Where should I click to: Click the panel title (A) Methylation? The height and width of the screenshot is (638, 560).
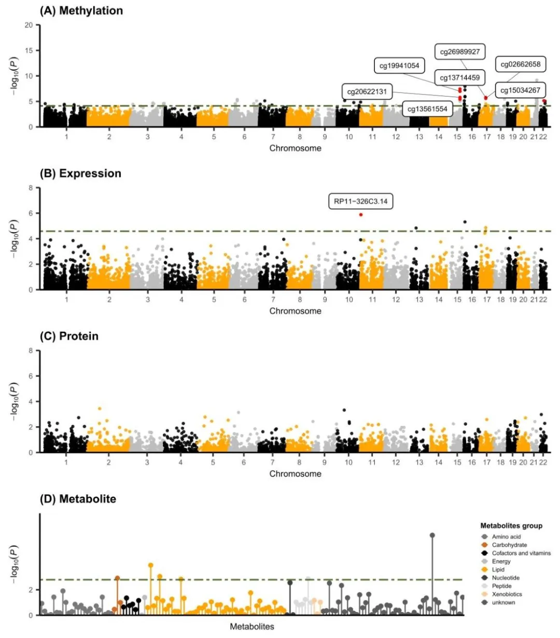point(81,11)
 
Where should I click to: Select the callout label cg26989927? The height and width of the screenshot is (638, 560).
point(460,52)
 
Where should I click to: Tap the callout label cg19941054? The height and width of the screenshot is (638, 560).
point(399,65)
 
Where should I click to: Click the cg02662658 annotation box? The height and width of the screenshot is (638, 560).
point(520,64)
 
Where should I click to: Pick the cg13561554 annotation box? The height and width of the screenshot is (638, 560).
point(427,109)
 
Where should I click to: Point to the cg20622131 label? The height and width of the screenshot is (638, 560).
point(367,92)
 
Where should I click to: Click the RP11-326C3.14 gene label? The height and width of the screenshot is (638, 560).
point(360,201)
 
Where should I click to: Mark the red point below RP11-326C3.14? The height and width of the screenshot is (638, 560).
point(361,214)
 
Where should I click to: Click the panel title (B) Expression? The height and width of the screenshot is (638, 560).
point(80,173)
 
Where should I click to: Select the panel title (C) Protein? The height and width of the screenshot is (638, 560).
point(69,336)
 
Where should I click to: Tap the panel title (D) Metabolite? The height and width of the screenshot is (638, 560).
point(78,499)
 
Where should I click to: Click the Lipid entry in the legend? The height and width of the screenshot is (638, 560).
point(498,569)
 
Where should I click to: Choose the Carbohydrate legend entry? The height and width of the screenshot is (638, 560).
point(509,545)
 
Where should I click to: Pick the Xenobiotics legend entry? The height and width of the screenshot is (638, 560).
point(507,594)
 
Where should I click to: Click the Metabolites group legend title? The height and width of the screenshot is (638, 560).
point(511,526)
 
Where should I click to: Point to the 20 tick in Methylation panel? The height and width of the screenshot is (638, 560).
point(29,25)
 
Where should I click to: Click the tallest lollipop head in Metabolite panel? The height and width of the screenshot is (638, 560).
point(432,535)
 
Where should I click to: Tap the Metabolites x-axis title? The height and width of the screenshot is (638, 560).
point(252,627)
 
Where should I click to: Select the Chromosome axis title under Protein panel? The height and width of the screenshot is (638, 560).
point(295,474)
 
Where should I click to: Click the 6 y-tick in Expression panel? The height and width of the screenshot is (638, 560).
point(31,213)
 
